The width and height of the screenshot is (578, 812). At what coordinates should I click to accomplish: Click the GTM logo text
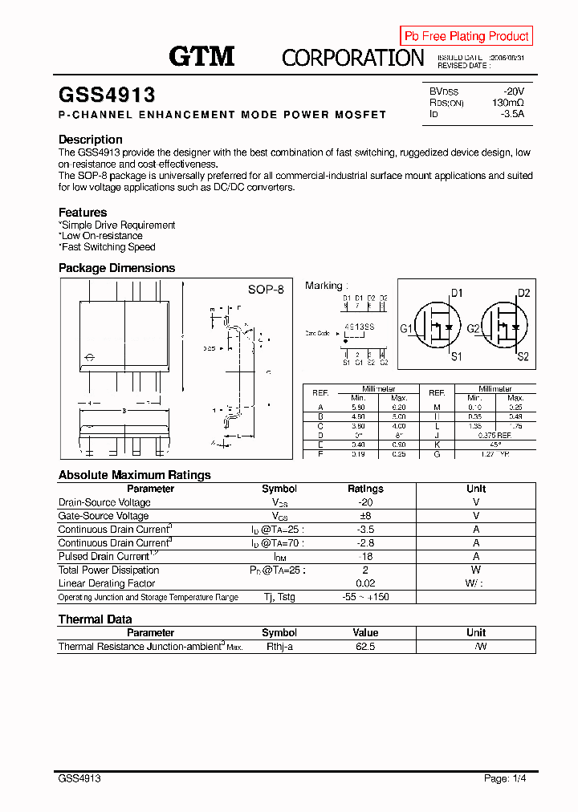[x=201, y=56]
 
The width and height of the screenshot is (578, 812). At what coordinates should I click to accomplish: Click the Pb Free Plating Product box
[x=466, y=36]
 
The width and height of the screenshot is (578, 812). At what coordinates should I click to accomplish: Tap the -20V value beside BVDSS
[x=513, y=91]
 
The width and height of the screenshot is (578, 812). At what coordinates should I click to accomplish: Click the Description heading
[x=91, y=140]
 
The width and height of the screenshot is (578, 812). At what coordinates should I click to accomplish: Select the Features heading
[x=83, y=213]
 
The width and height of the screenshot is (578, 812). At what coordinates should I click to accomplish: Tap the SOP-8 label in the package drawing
[x=265, y=289]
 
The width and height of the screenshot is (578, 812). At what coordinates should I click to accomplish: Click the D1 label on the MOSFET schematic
[x=456, y=293]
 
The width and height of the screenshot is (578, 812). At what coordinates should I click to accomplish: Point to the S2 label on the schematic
[x=523, y=356]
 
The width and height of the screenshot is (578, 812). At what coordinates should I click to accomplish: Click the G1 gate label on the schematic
[x=406, y=329]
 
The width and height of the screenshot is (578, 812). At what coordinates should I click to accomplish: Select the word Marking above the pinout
[x=324, y=286]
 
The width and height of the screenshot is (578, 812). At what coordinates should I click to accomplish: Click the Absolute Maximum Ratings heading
[x=135, y=475]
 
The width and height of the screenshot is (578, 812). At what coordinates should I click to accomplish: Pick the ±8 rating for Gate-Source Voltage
[x=365, y=516]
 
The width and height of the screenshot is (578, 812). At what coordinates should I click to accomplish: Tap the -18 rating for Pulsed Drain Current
[x=365, y=556]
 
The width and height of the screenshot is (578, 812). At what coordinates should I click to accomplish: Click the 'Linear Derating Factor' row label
[x=107, y=583]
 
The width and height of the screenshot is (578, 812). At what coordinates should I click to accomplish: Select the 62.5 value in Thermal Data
[x=365, y=646]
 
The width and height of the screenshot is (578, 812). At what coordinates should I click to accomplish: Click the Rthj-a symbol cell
[x=279, y=646]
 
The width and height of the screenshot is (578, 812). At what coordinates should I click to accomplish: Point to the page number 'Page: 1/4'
[x=506, y=778]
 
